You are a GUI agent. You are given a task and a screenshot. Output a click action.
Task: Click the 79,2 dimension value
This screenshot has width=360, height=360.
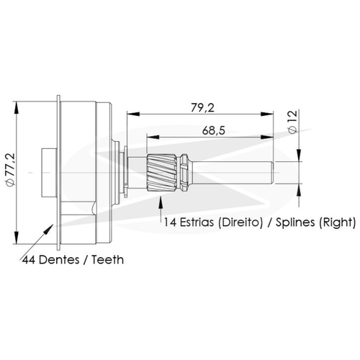[x=202, y=108]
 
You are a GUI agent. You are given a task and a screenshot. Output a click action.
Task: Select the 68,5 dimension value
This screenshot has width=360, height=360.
[x=214, y=131]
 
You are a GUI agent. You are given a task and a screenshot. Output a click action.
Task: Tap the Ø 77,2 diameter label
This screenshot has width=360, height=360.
[x=11, y=170]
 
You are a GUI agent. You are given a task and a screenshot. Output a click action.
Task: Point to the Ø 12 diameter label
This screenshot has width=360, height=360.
[x=293, y=122]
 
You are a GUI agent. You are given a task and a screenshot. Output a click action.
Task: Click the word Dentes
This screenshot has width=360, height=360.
[x=59, y=260]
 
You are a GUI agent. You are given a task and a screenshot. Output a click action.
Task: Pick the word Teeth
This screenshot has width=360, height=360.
[x=107, y=260]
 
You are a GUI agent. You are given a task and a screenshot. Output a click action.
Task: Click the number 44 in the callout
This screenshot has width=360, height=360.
[x=29, y=260]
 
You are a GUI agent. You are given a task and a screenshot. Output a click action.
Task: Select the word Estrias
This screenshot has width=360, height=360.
[x=197, y=222]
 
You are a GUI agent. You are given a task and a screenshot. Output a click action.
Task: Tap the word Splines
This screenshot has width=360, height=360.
[x=295, y=222]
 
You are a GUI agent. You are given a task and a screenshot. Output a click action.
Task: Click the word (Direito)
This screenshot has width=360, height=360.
[x=240, y=222]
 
